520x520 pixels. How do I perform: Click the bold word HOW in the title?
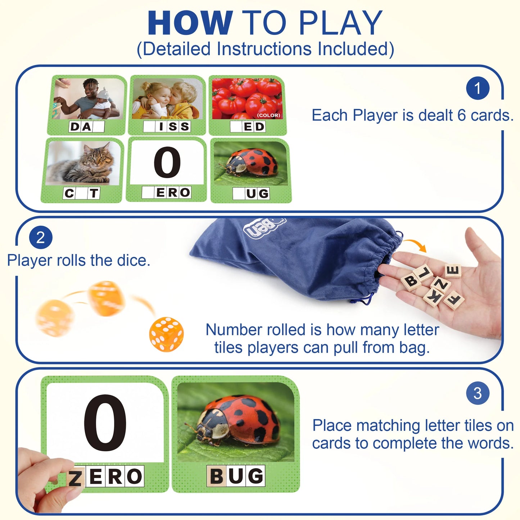(190, 23)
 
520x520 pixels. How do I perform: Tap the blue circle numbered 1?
(478, 88)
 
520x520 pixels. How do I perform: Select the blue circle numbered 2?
(41, 238)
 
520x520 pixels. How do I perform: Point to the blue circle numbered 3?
(478, 393)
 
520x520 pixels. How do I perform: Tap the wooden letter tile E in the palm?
(453, 271)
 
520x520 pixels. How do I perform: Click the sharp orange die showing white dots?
(166, 334)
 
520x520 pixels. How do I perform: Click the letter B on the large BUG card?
(216, 476)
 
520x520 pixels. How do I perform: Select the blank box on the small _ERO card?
(148, 193)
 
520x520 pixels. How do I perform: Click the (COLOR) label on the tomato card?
(268, 115)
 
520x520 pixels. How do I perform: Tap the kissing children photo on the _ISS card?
(167, 99)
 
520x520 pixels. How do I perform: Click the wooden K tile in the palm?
(433, 297)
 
